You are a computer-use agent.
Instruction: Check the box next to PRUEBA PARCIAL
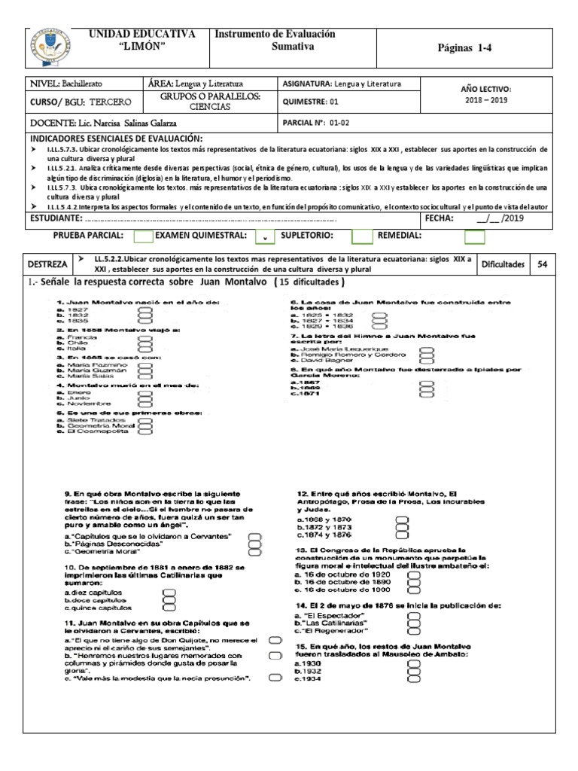click(143, 237)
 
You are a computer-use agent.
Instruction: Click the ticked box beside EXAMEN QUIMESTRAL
click(265, 237)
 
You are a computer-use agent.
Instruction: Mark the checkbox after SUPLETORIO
click(362, 237)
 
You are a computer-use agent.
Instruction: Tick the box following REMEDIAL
click(474, 237)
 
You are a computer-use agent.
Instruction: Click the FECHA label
click(439, 218)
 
